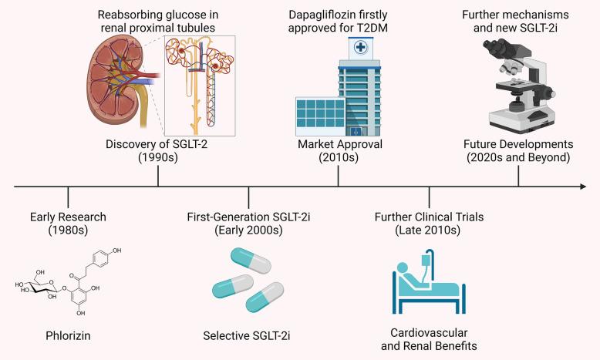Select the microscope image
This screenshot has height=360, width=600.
(x=517, y=85)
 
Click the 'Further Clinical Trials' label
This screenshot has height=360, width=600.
(x=429, y=217)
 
